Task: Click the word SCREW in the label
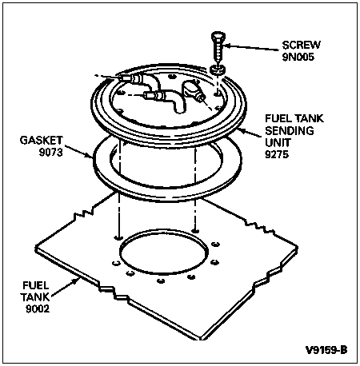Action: pos(302,45)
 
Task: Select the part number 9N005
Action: pos(298,57)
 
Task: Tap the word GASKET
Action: pos(42,140)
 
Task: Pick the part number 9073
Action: pos(50,152)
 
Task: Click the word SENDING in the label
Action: pos(290,130)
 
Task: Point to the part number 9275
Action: pos(277,154)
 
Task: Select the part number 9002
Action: pos(38,308)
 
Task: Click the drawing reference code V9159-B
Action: pos(326,349)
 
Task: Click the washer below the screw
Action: pos(218,70)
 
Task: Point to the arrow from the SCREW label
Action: pos(250,47)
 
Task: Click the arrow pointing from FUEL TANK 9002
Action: pos(65,287)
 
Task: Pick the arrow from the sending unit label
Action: pos(250,133)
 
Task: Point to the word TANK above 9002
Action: pos(35,296)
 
